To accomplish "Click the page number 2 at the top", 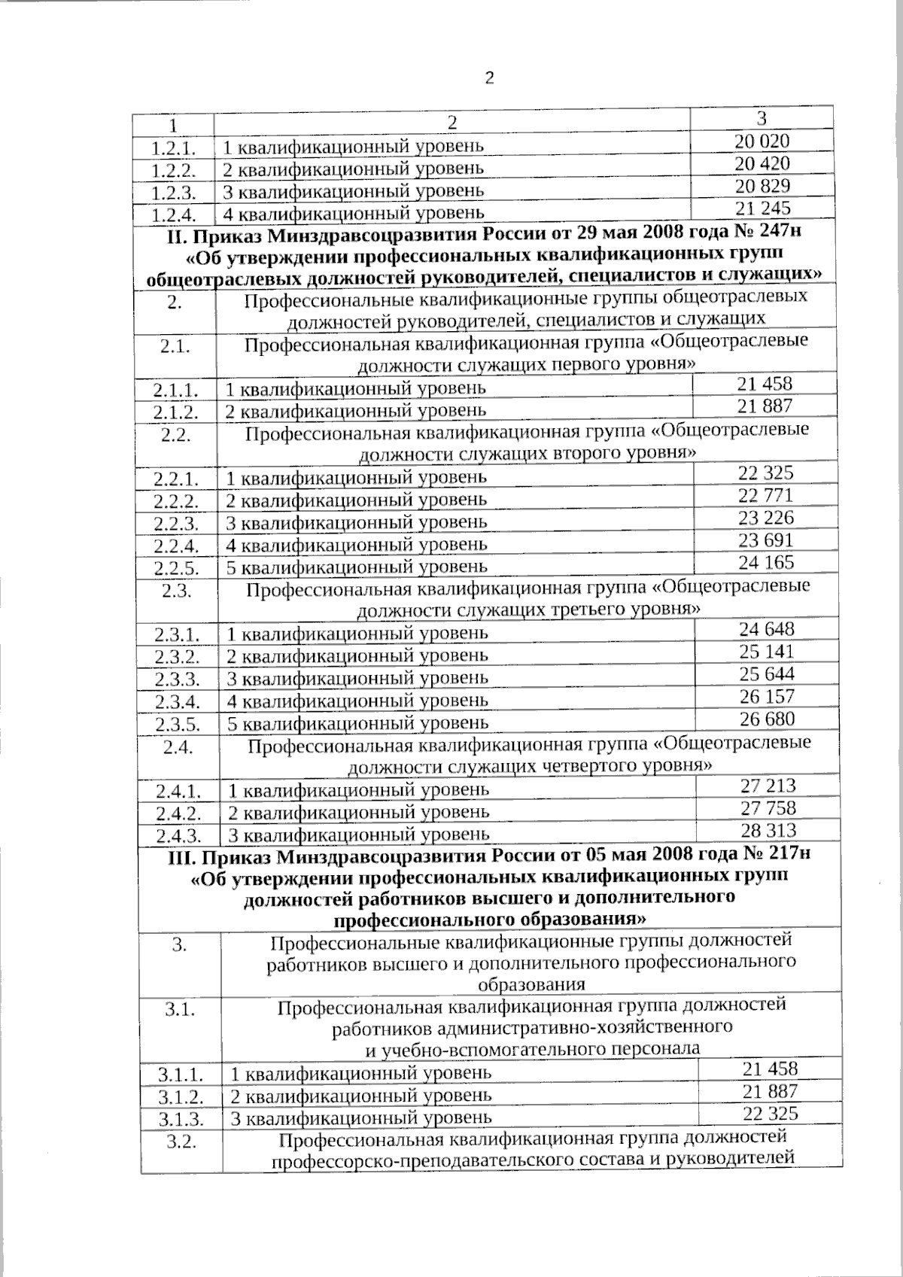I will (489, 78).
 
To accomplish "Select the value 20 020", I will (762, 141).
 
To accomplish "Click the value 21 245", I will (763, 208).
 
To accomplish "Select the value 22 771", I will (766, 495).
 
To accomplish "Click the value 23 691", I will (766, 540).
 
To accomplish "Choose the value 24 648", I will (767, 629).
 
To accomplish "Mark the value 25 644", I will (767, 673).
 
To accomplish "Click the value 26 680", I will (767, 719).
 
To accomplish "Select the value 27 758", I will (768, 808).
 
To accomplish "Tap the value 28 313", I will (768, 831).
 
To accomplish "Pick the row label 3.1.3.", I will (181, 1119).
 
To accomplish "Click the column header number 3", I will (762, 118).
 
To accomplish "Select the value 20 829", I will (762, 186).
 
